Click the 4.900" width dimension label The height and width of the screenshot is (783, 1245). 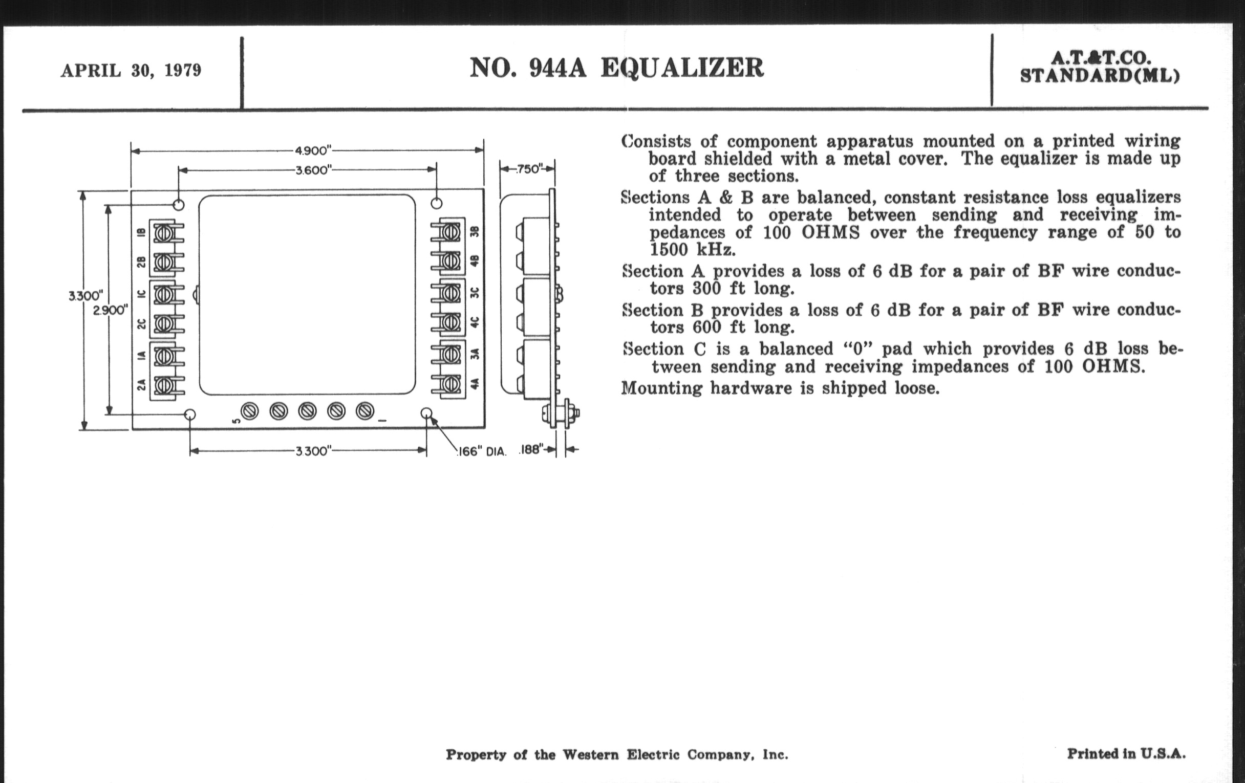coord(312,150)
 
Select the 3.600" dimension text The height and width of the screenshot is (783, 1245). coord(313,170)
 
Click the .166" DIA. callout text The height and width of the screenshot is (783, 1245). coord(482,451)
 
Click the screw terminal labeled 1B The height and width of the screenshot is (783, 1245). coord(164,233)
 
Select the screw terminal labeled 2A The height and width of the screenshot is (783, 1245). coord(164,385)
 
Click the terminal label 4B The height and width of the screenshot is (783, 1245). coord(475,260)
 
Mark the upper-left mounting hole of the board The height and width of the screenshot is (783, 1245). coord(178,205)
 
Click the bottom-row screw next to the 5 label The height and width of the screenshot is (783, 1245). coord(250,411)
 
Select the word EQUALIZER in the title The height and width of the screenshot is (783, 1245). coord(682,68)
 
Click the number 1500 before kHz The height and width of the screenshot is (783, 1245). coord(669,250)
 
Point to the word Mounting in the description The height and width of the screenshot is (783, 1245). coord(662,387)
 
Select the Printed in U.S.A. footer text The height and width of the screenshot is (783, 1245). coord(1126,754)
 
